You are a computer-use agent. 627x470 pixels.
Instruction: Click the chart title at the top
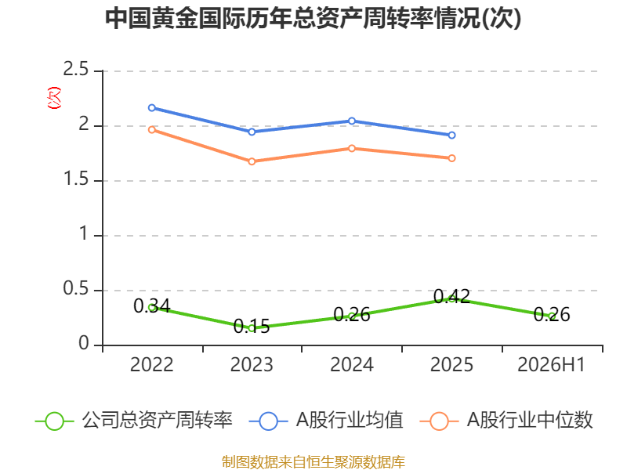(x=313, y=17)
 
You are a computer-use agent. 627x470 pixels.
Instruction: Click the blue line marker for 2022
(x=152, y=108)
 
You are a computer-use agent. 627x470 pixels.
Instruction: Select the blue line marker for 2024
(x=352, y=121)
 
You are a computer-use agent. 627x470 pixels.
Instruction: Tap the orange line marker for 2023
(x=252, y=161)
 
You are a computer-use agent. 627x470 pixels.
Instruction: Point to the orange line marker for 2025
(x=452, y=158)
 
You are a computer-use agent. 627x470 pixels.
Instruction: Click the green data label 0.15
(x=252, y=327)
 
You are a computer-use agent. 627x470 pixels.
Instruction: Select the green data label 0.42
(x=452, y=297)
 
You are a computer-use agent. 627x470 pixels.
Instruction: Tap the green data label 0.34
(x=152, y=306)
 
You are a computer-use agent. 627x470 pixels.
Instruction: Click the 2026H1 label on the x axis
(x=552, y=364)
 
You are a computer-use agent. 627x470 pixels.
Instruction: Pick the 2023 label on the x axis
(x=252, y=364)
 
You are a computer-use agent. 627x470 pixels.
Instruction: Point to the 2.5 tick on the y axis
(x=75, y=69)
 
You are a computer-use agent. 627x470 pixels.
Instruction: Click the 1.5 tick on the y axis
(x=75, y=179)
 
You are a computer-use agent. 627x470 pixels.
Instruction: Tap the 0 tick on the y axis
(x=84, y=343)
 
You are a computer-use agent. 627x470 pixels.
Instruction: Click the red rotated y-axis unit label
(x=54, y=98)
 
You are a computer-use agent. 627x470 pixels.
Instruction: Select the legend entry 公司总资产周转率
(x=134, y=421)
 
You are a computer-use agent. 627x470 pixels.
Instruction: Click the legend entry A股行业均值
(x=326, y=421)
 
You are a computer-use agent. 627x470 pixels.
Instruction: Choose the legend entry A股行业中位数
(x=506, y=421)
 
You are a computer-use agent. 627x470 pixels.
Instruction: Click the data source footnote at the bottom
(x=313, y=462)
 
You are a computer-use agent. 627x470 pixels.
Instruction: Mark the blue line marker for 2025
(x=452, y=135)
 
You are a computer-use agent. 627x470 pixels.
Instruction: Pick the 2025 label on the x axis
(x=452, y=364)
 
